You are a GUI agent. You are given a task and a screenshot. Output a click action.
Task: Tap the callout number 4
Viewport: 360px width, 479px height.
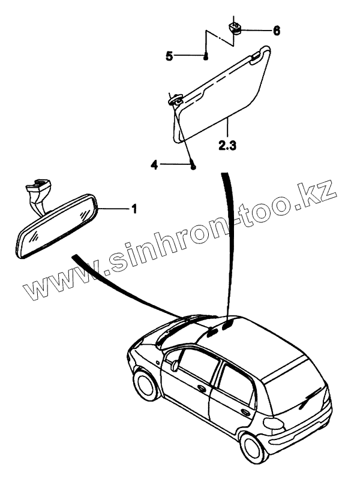click(x=154, y=165)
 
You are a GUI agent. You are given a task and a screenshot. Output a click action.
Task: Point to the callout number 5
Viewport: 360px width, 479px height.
click(x=170, y=56)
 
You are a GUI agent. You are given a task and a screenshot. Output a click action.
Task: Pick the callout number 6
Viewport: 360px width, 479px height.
click(x=276, y=30)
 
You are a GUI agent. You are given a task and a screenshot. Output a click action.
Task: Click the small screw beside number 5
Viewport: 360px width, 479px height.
click(x=206, y=57)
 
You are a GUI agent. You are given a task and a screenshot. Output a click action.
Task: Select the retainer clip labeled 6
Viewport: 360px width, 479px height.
click(x=235, y=28)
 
